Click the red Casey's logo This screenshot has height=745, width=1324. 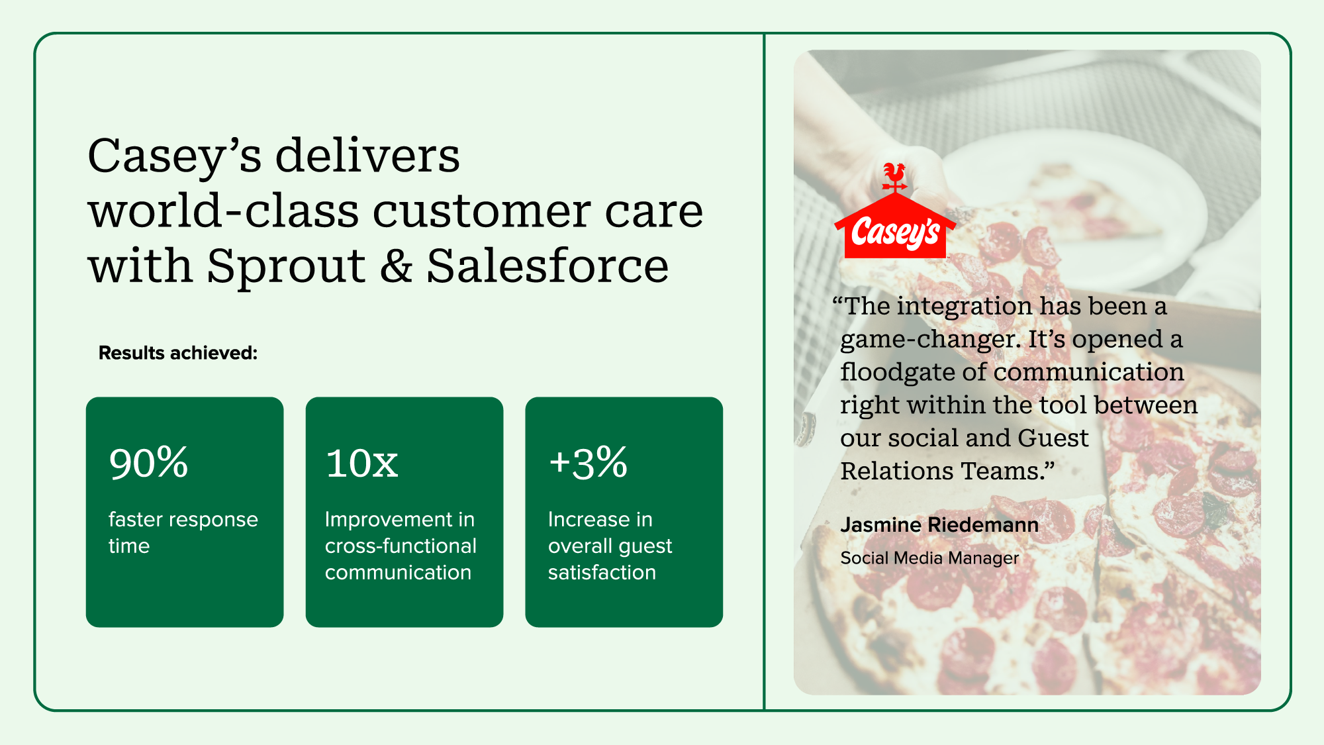(x=895, y=211)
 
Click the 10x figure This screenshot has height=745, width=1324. (x=361, y=463)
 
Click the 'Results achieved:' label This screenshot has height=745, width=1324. (x=178, y=353)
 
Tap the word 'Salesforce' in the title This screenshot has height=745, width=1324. (x=547, y=266)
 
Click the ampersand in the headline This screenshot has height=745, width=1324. (x=396, y=266)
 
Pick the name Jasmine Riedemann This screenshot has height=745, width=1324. (x=939, y=525)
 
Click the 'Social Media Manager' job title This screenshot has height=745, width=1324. (x=929, y=558)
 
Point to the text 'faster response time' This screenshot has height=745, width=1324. (x=183, y=532)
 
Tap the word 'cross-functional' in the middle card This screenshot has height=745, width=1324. (x=401, y=546)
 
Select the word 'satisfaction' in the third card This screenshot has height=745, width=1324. (x=602, y=572)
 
